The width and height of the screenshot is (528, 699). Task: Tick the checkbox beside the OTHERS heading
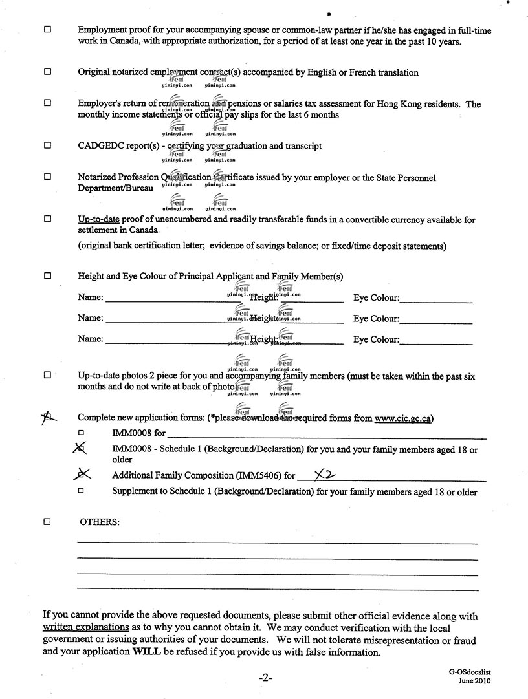pyautogui.click(x=47, y=521)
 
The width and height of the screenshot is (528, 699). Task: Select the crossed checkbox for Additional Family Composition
pyautogui.click(x=82, y=475)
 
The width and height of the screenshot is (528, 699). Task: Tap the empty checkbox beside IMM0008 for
pyautogui.click(x=82, y=433)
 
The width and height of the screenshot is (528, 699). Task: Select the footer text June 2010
pyautogui.click(x=476, y=681)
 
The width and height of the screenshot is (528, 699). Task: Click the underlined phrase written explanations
pyautogui.click(x=86, y=627)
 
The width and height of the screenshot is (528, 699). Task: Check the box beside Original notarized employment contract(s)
pyautogui.click(x=47, y=72)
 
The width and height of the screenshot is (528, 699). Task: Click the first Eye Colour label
pyautogui.click(x=376, y=298)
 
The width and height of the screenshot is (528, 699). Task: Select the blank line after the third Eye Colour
pyautogui.click(x=436, y=340)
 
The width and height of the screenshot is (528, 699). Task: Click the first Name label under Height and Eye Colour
pyautogui.click(x=90, y=298)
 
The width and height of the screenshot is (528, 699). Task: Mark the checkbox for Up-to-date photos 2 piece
pyautogui.click(x=47, y=375)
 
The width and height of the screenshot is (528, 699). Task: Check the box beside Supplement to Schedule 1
pyautogui.click(x=82, y=491)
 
